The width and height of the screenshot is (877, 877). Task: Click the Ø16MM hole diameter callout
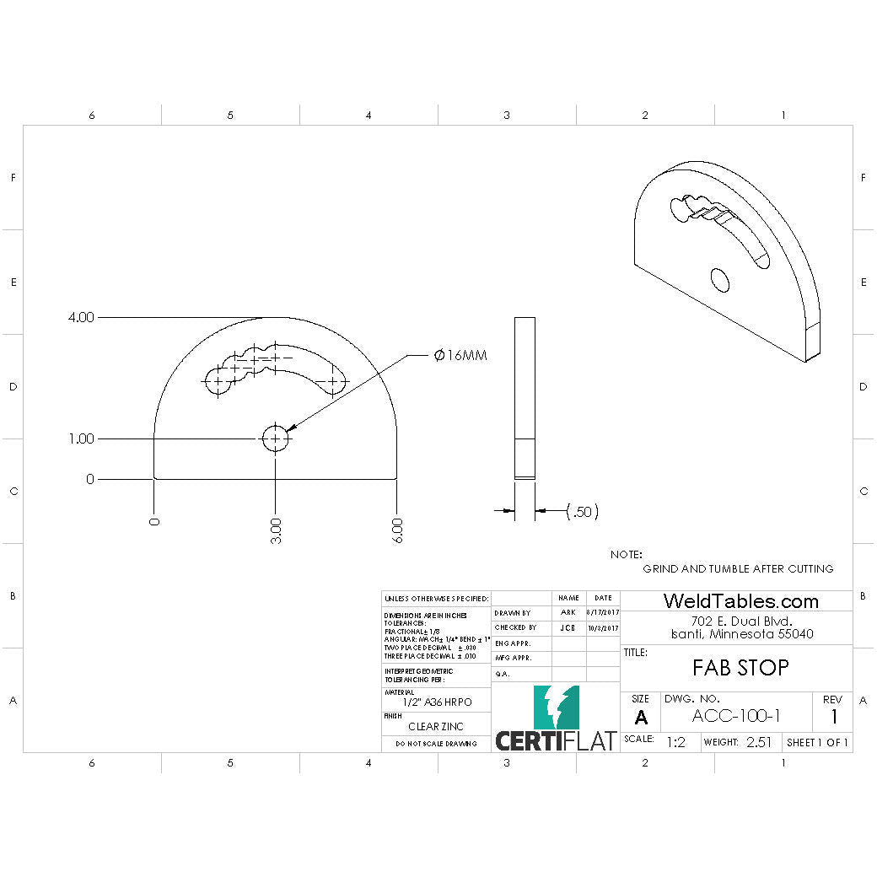point(460,356)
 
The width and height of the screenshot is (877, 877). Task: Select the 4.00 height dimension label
point(81,318)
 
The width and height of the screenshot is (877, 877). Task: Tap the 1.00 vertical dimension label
point(81,438)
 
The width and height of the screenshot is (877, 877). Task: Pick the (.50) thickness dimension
point(582,511)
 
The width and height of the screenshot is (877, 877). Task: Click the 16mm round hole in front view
point(276,438)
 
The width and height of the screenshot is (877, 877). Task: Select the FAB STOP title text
point(740,668)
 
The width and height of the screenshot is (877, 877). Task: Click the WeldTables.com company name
point(740,601)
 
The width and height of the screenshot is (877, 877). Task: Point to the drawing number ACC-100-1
point(735,716)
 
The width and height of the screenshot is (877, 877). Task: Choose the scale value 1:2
point(675,743)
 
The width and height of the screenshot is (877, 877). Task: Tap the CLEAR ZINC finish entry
point(435,726)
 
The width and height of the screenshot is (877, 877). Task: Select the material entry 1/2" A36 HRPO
point(435,702)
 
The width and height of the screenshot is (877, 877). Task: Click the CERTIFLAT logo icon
point(556,708)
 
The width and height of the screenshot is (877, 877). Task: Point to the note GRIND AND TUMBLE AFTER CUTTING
point(738,568)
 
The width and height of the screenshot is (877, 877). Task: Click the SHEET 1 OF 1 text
point(817,743)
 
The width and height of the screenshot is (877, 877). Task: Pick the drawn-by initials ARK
point(568,612)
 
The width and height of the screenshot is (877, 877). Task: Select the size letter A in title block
point(641,718)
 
